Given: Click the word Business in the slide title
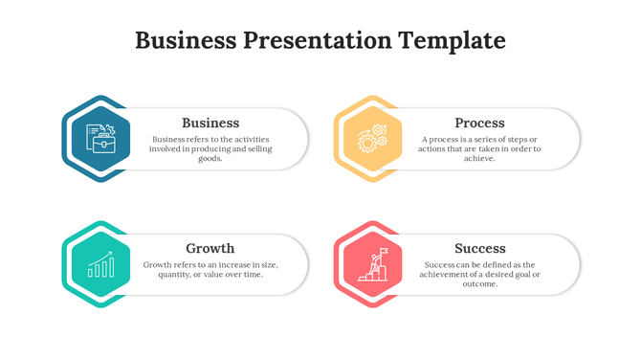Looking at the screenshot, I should [185, 40].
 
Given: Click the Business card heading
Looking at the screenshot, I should [210, 123].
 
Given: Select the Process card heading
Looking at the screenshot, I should [479, 123].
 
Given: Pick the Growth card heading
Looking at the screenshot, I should [210, 248].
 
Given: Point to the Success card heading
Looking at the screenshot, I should [480, 248].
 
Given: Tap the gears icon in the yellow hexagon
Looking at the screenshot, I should [371, 139].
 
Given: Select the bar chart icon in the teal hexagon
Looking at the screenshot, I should [100, 265].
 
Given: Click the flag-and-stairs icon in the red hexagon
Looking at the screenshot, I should [371, 265].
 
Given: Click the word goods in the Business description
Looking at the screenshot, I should [210, 159].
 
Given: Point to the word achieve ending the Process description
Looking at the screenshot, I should [479, 159].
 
